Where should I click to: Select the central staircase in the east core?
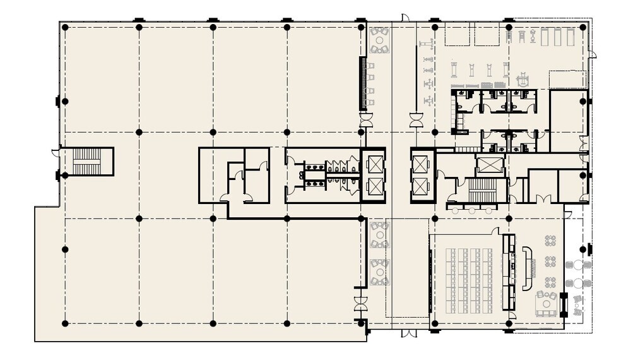pos(483,190)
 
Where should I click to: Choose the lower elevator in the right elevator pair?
pos(419,186)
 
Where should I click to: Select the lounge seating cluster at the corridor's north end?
pos(379,40)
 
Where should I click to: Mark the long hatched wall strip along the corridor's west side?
pos(363,83)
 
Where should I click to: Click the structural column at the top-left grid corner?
pos(65,27)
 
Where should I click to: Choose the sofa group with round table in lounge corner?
pos(546,303)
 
